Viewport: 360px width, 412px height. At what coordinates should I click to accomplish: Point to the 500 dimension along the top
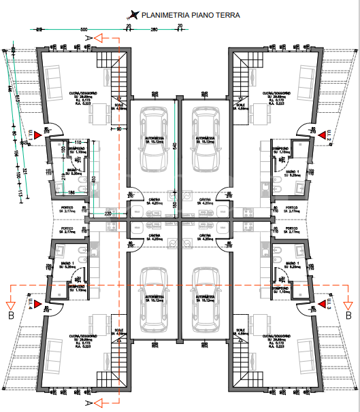tap(84, 30)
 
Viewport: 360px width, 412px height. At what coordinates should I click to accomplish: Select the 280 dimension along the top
tap(154, 30)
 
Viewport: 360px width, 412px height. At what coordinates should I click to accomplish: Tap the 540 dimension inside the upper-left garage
tap(174, 145)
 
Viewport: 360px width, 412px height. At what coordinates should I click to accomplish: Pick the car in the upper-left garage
tap(154, 145)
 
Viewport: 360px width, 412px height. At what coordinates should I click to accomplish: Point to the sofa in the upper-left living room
tap(54, 82)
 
